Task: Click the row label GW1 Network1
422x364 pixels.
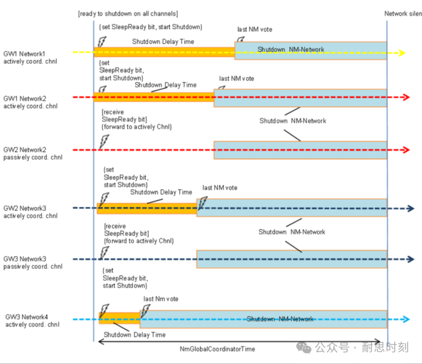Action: tap(24, 54)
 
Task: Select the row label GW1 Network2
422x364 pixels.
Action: tap(24, 98)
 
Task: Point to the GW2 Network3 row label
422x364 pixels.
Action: tap(24, 209)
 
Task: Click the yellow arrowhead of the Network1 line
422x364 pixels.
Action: tap(402, 53)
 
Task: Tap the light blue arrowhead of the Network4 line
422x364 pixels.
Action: tap(406, 319)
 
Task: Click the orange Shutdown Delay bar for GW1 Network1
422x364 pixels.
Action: tap(164, 52)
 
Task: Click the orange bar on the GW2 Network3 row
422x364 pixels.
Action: tap(146, 208)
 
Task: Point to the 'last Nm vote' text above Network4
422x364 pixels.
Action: tap(161, 299)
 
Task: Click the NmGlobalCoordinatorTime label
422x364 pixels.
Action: tap(217, 349)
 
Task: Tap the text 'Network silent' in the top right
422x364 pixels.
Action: tap(403, 13)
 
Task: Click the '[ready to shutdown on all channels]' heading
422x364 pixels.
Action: tap(128, 14)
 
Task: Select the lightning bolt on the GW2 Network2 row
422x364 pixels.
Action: tap(105, 142)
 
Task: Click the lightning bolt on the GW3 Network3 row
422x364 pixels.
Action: tap(105, 252)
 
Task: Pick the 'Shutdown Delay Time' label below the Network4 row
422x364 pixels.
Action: tap(135, 335)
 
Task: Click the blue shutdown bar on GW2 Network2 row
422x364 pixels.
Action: tap(300, 150)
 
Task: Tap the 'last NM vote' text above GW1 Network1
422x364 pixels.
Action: tap(254, 29)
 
